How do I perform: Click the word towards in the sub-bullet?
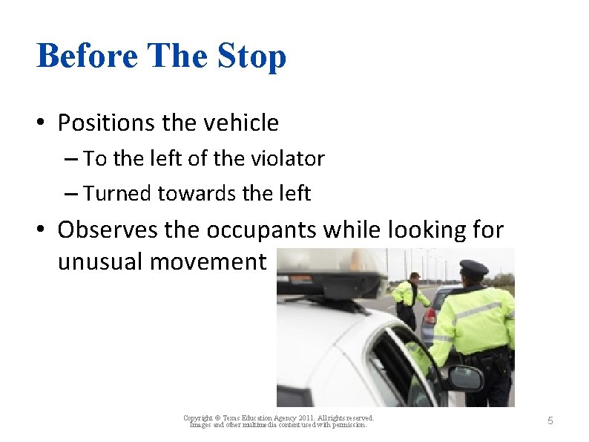coord(190,194)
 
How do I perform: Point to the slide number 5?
coord(550,421)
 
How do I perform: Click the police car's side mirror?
coord(464,378)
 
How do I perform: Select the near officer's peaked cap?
coord(473,267)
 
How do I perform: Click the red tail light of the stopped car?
coord(428,318)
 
